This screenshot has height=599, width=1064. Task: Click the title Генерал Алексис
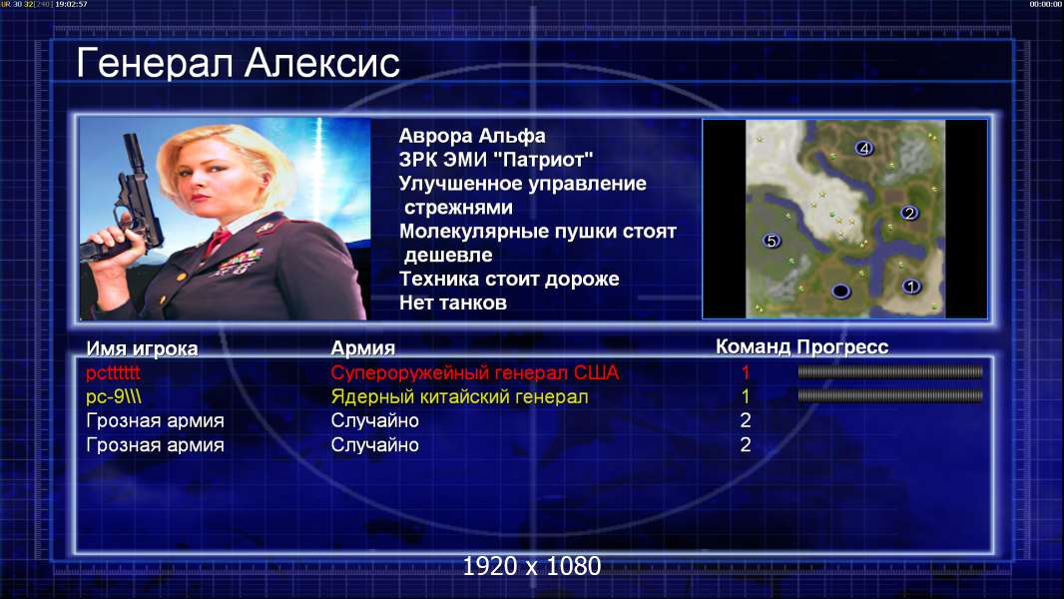[x=238, y=64]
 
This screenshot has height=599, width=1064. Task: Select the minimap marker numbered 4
[x=863, y=148]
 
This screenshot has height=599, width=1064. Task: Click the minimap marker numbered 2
[x=909, y=213]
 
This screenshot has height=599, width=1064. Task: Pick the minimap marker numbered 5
[x=771, y=241]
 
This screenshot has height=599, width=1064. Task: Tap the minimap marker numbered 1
[x=911, y=287]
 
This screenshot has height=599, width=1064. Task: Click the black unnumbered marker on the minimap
[x=840, y=292]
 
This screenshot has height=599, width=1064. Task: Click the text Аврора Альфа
[x=471, y=136]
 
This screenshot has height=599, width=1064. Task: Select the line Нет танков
[x=452, y=302]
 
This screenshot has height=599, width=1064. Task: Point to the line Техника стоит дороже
[x=509, y=279]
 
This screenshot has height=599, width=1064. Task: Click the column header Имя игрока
[x=142, y=348]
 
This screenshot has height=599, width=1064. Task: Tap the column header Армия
[x=362, y=348]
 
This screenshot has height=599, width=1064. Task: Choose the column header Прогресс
[x=842, y=347]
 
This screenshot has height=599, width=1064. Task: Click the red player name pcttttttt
[x=113, y=373]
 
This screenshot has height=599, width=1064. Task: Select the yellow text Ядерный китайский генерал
[x=459, y=397]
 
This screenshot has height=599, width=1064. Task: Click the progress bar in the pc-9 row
[x=890, y=395]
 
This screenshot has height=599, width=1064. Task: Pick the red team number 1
[x=745, y=372]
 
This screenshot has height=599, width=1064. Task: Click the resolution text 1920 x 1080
[x=532, y=566]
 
